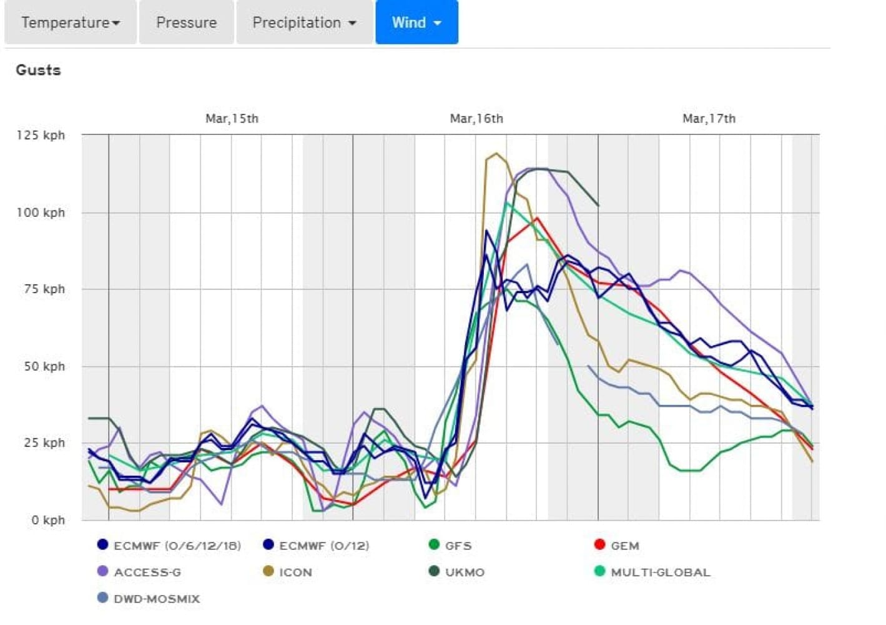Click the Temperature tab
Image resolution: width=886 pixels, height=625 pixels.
click(x=70, y=22)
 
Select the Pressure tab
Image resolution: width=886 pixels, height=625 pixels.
click(x=186, y=22)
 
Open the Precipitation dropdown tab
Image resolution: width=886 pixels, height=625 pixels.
click(x=304, y=22)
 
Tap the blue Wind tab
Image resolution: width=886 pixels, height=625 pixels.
click(x=416, y=22)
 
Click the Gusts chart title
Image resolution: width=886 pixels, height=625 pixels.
click(x=38, y=70)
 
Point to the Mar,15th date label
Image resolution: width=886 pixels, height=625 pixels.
click(x=232, y=119)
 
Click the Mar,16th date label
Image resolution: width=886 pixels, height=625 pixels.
click(x=476, y=119)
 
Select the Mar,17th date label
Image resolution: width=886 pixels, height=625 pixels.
click(x=709, y=119)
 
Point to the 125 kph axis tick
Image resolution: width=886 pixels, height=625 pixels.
click(x=41, y=135)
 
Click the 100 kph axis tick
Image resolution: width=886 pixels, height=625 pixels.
click(x=41, y=212)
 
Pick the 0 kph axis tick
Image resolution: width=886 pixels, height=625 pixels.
click(x=48, y=520)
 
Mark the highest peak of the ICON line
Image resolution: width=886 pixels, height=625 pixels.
click(x=496, y=153)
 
